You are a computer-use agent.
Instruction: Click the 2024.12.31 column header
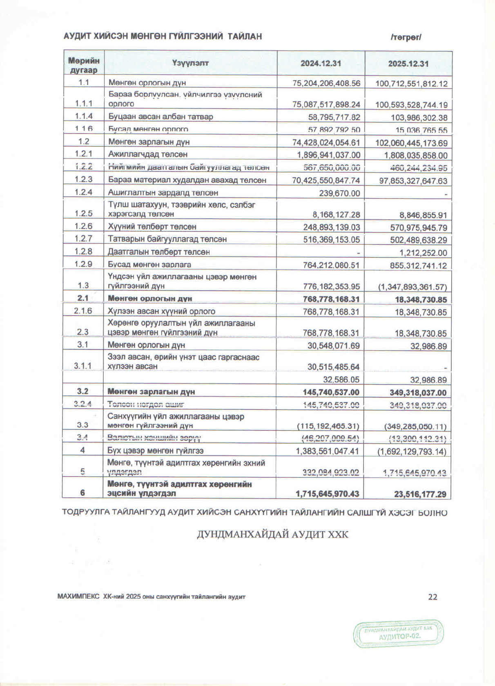321,63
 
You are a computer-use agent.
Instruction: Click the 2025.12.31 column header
408,64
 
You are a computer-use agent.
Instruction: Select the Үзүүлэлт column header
190,63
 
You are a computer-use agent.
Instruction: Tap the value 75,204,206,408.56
326,83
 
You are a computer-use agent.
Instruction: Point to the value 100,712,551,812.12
411,84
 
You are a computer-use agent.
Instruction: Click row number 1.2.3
83,179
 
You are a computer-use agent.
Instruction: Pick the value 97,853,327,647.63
413,181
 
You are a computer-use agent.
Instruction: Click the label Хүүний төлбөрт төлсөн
152,226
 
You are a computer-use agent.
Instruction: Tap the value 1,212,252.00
423,253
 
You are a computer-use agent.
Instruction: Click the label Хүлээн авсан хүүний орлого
161,311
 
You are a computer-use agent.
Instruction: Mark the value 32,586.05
341,380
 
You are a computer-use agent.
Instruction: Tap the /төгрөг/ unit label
406,37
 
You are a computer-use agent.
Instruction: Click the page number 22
433,597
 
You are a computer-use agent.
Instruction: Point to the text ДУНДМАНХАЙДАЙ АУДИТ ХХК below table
272,535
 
